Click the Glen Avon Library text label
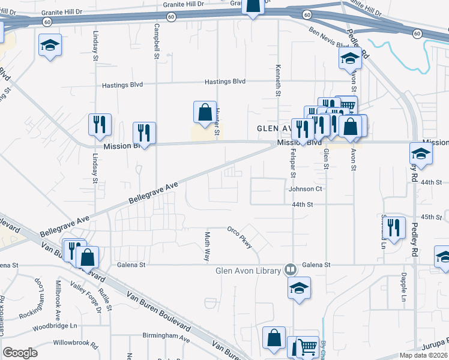[x=249, y=271]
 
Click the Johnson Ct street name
[x=306, y=189]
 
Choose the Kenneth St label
[x=279, y=80]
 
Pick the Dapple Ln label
[x=403, y=288]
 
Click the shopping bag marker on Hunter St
[x=205, y=112]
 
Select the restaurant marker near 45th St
[x=394, y=228]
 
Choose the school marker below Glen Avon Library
[x=299, y=289]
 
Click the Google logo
[x=20, y=353]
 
